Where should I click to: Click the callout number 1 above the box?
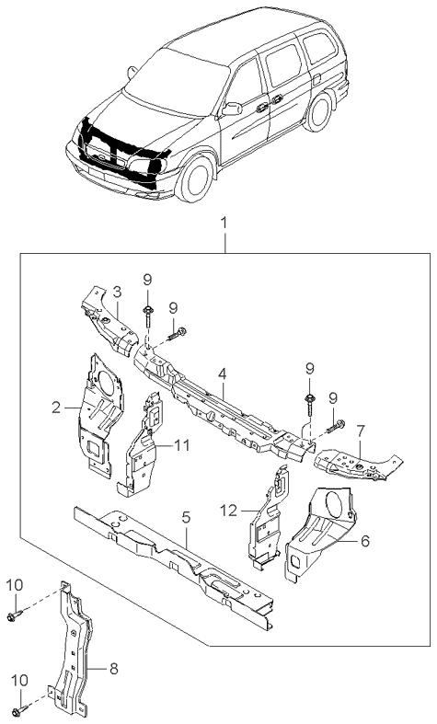(224, 224)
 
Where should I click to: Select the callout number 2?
(56, 408)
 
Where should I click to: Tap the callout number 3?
(117, 293)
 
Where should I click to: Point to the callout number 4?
(223, 374)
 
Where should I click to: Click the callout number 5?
(186, 518)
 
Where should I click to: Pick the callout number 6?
(365, 541)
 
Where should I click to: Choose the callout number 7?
(361, 431)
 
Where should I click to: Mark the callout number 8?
(113, 668)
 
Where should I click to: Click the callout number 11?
(182, 445)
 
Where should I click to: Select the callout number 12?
(229, 511)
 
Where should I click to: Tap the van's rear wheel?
(318, 110)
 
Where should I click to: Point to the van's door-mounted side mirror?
(233, 109)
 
